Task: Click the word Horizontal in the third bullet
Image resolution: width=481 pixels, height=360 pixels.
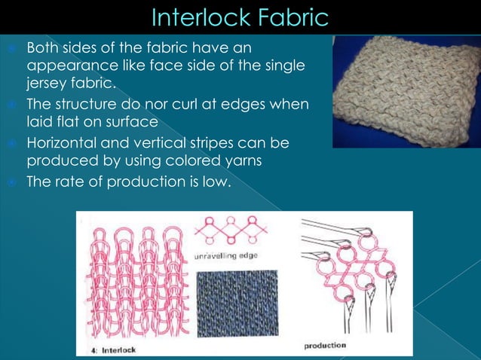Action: [x=63, y=142]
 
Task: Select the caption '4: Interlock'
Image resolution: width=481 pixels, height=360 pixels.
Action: [x=109, y=349]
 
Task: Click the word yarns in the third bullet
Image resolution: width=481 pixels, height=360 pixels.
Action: [x=263, y=160]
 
